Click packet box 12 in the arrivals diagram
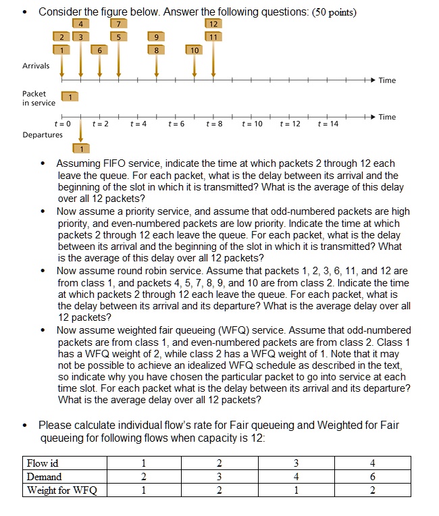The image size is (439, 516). pos(213,25)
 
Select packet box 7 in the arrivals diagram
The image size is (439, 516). pos(119,25)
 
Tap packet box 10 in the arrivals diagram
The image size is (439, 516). pos(195,50)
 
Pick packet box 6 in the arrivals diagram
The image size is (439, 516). pos(100,50)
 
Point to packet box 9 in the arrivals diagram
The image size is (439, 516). pos(157,37)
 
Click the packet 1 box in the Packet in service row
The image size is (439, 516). pos(70,98)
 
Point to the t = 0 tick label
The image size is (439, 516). pos(62,125)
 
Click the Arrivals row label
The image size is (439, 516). pos(36,66)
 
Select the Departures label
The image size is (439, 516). pos(43,134)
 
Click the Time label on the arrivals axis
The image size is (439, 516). pos(387,80)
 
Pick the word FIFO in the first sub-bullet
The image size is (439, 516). pos(111,163)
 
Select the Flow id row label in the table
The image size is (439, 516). pos(42,463)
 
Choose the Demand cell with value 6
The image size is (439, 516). pos(373,477)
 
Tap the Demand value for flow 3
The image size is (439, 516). pos(296,477)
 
